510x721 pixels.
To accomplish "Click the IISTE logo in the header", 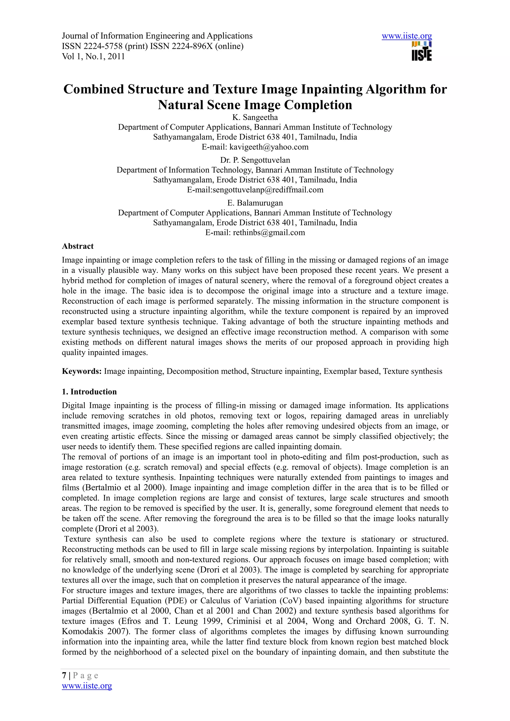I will [421, 51].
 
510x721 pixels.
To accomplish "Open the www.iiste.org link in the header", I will [407, 36].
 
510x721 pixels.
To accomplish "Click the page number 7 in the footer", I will [64, 675].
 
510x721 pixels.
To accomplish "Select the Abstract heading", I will [78, 246].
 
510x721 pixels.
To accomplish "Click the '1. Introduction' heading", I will [89, 392].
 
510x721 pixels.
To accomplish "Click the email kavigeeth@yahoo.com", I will [269, 147].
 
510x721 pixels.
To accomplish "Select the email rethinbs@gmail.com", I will [269, 233].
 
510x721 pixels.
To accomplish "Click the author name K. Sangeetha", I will [255, 117].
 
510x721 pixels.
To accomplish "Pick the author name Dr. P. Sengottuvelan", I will [255, 160].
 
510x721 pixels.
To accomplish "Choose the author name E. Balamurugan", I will [255, 203].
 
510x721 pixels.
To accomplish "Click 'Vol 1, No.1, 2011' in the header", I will [93, 56].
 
